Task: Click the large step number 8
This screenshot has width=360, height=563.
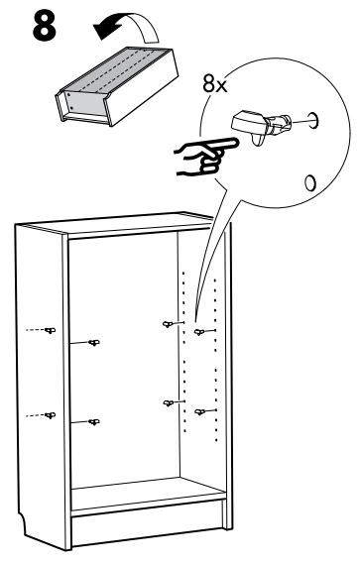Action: (45, 26)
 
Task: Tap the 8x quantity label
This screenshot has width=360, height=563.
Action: (215, 84)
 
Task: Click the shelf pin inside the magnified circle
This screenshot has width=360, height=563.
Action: (262, 126)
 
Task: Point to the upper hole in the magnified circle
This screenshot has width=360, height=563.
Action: (313, 120)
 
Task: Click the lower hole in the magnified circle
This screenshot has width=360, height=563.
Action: (310, 182)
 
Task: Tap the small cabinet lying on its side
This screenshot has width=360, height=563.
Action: (117, 86)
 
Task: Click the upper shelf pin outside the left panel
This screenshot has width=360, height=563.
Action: (50, 330)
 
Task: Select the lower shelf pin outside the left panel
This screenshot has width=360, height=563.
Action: (50, 415)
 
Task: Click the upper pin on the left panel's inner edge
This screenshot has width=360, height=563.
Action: (94, 343)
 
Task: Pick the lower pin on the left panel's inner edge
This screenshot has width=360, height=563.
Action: (94, 422)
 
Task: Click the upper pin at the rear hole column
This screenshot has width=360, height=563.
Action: (169, 324)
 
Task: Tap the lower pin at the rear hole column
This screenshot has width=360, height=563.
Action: (169, 403)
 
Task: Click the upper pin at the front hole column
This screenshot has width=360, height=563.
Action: (199, 332)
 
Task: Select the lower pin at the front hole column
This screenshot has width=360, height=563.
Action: (200, 411)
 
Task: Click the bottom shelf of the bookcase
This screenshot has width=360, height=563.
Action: (149, 493)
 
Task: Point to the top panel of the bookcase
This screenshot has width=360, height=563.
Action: (119, 223)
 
